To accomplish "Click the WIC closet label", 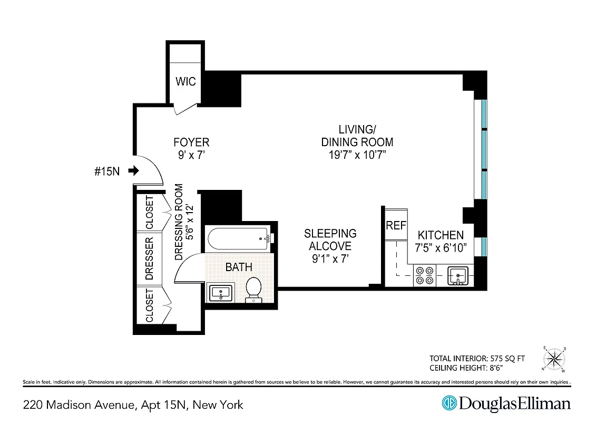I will (185, 81).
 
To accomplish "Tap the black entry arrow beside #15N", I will (133, 170).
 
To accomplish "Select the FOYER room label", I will (191, 142).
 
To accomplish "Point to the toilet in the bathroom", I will (253, 289).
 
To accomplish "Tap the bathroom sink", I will (220, 293).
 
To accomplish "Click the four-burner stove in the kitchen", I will (424, 276).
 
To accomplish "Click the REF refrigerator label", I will (396, 225).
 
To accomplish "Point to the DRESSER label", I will (149, 258).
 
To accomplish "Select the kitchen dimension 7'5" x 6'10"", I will (441, 247).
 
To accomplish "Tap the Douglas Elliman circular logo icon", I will (449, 403).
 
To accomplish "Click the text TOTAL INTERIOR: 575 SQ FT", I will (477, 358).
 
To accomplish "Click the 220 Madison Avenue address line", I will (133, 405).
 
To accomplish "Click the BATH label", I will (239, 267).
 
